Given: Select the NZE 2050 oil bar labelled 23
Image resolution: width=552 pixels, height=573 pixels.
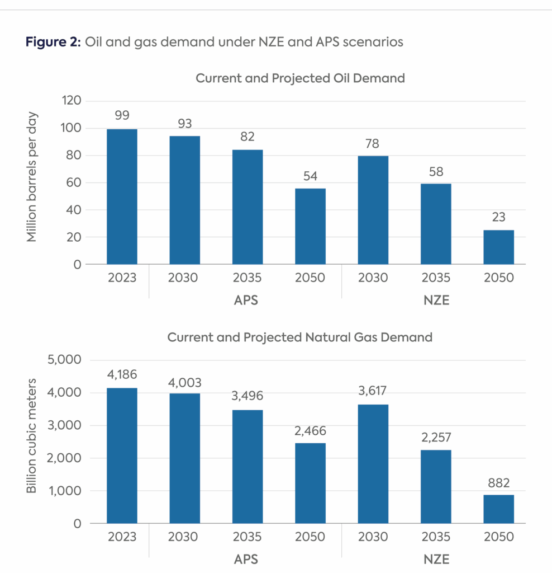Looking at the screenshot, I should (498, 247).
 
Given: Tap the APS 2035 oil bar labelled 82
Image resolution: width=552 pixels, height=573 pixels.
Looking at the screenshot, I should (248, 207).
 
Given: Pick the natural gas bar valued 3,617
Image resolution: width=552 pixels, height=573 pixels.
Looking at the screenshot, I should (373, 464).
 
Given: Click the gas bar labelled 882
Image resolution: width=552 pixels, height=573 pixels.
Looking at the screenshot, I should (498, 509).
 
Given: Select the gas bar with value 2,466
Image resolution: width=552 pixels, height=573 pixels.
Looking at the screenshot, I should (310, 483).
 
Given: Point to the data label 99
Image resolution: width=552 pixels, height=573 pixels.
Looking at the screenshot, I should (122, 115).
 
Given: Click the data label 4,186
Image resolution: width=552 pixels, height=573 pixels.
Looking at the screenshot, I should (122, 374).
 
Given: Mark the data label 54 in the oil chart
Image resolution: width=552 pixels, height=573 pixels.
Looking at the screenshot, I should (310, 175).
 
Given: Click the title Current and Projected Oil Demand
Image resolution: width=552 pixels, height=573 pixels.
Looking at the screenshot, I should (300, 78).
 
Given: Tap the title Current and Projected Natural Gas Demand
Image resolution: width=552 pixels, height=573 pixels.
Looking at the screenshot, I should (300, 337).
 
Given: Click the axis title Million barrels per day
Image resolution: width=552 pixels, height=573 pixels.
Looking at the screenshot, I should (32, 182).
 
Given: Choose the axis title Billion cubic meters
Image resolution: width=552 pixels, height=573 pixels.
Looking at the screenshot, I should (32, 436).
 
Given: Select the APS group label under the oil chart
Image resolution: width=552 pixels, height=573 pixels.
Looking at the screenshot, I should (246, 300).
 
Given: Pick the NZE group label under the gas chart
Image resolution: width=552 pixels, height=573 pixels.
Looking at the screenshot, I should (436, 559).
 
